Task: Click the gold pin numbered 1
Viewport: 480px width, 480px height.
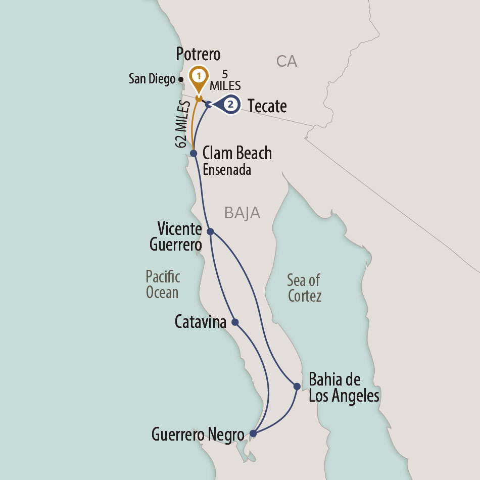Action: tap(199, 77)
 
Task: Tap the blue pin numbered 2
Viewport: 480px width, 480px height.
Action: tap(230, 105)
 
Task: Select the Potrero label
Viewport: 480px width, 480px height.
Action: tap(199, 55)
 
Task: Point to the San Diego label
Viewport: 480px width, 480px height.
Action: tap(152, 79)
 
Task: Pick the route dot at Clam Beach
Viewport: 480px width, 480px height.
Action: tap(193, 153)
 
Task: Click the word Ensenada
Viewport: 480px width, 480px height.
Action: tap(227, 170)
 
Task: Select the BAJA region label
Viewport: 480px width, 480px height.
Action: tap(243, 213)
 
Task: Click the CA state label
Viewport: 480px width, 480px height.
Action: tap(286, 62)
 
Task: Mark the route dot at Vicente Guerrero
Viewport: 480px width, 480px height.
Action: tap(211, 231)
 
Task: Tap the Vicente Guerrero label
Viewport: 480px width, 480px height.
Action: tap(176, 237)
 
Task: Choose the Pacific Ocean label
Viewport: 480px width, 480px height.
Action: tap(162, 284)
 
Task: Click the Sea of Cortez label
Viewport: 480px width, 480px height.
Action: tap(304, 287)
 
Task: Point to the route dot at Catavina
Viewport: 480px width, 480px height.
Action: tap(235, 322)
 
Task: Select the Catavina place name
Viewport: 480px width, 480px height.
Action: tap(200, 322)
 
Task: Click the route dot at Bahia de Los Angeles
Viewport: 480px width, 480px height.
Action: tap(297, 387)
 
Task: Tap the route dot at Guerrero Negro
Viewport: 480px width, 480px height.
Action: tap(254, 433)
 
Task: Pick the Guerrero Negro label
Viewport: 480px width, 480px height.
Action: tap(198, 434)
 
